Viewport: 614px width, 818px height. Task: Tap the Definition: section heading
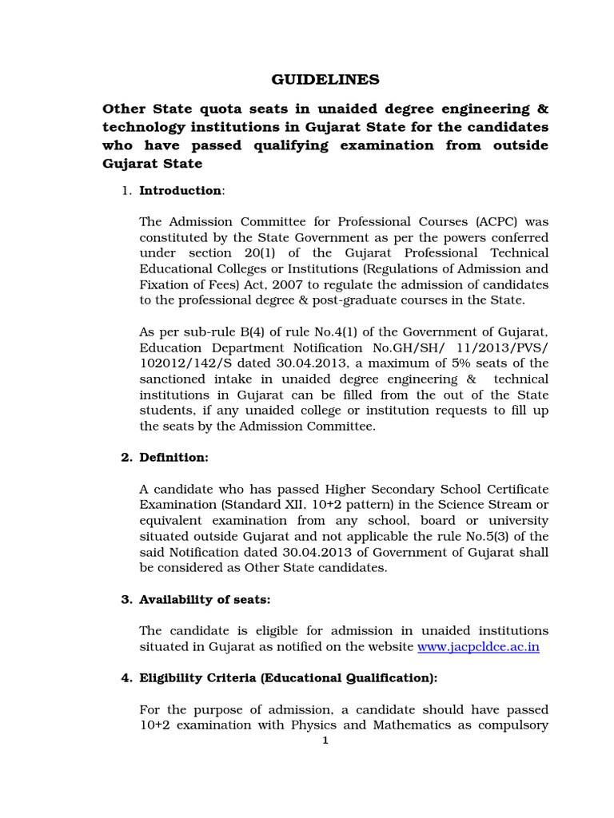[173, 458]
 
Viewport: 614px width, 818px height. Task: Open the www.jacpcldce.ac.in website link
[478, 647]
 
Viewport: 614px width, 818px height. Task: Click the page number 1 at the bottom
[325, 740]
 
